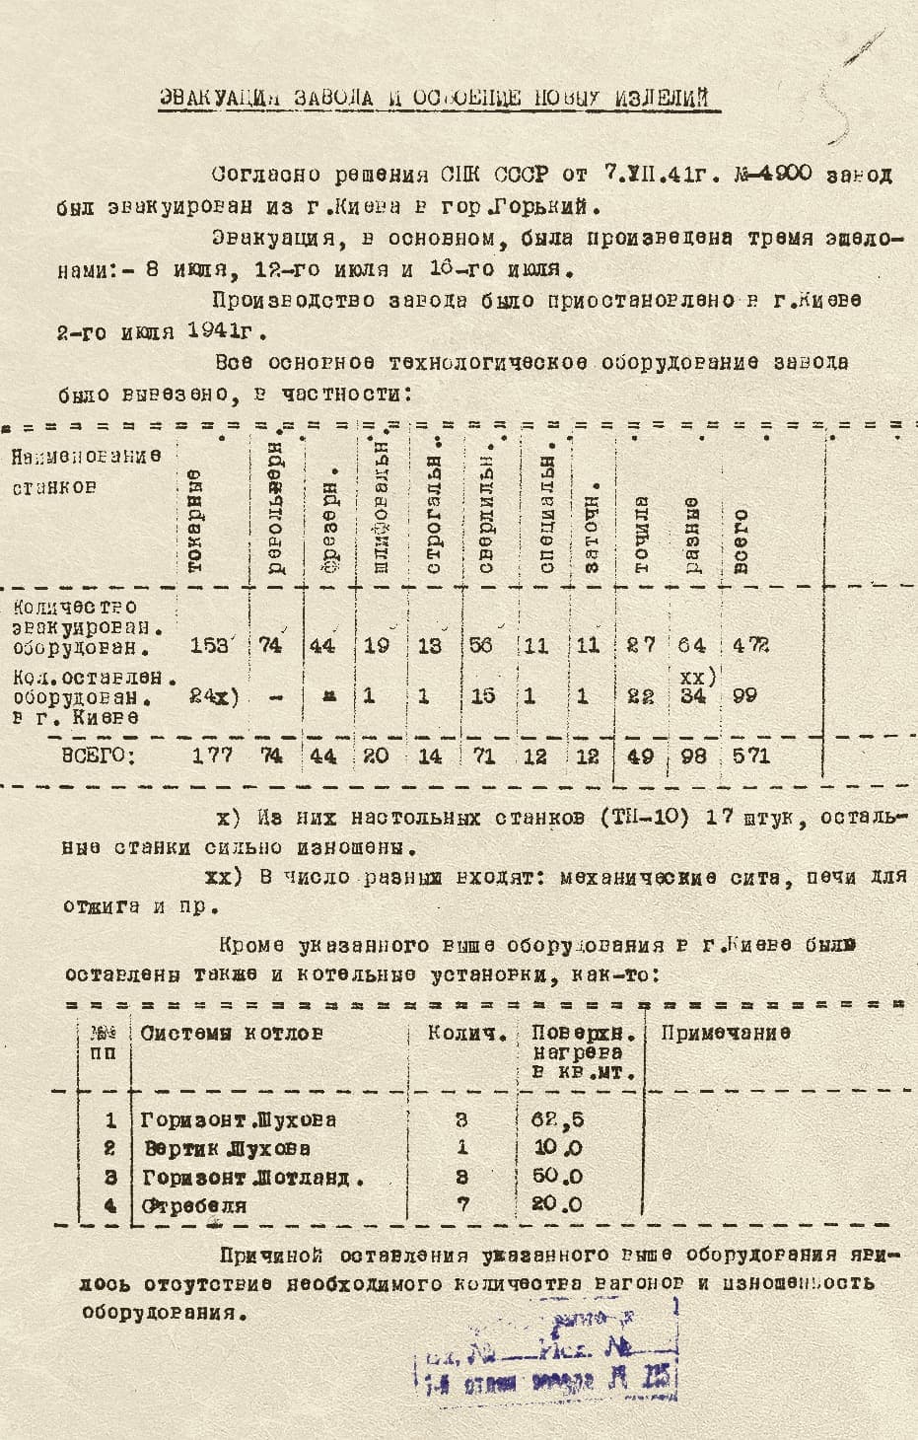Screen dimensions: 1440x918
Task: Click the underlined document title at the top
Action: pos(435,98)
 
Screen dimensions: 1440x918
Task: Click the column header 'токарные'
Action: pos(195,523)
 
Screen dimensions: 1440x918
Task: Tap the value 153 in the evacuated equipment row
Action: pos(209,646)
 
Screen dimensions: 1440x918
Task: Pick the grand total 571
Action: pos(751,756)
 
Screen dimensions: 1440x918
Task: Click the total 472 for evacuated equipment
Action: pos(751,646)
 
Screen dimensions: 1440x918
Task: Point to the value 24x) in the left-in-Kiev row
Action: pos(213,695)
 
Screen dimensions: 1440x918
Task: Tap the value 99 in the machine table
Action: pos(744,695)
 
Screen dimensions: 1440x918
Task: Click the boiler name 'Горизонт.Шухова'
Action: pos(238,1119)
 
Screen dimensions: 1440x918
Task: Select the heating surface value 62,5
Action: pos(557,1119)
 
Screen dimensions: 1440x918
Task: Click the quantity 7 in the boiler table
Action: pos(462,1204)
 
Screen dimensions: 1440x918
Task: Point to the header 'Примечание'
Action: pos(725,1033)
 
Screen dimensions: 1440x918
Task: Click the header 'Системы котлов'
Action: pos(232,1033)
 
